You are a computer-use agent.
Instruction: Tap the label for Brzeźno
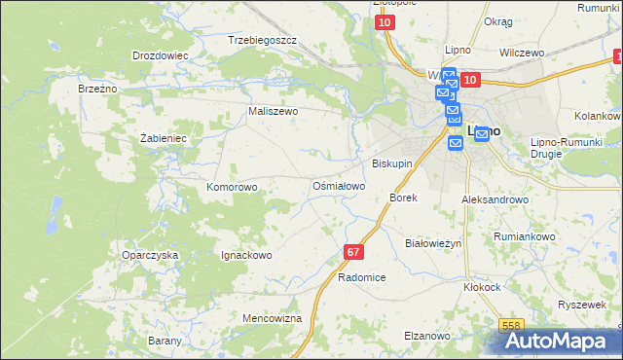pyautogui.click(x=97, y=88)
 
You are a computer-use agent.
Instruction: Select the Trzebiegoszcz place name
pyautogui.click(x=262, y=40)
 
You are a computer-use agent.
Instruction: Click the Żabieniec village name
pyautogui.click(x=163, y=138)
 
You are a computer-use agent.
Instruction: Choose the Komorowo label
pyautogui.click(x=232, y=186)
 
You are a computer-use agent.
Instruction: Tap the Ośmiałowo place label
pyautogui.click(x=338, y=185)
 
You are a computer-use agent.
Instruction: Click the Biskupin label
pyautogui.click(x=393, y=163)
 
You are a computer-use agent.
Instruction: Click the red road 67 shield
pyautogui.click(x=353, y=252)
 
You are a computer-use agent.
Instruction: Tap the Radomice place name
pyautogui.click(x=362, y=277)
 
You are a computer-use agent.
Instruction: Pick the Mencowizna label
pyautogui.click(x=272, y=318)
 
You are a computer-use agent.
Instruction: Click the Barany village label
pyautogui.click(x=165, y=341)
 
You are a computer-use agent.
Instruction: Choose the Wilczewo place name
pyautogui.click(x=521, y=53)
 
